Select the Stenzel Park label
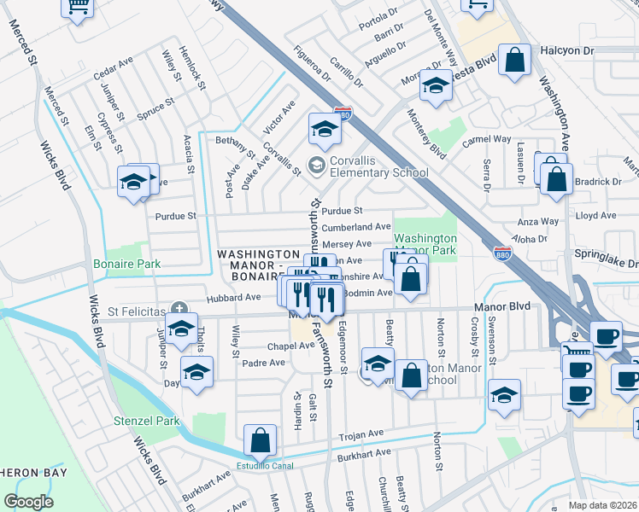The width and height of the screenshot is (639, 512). pyautogui.click(x=147, y=421)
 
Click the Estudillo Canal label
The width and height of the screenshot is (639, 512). pyautogui.click(x=265, y=466)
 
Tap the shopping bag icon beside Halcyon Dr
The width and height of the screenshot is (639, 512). pyautogui.click(x=515, y=61)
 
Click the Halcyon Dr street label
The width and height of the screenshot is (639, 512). pyautogui.click(x=567, y=51)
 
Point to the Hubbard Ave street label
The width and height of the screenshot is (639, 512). pyautogui.click(x=233, y=298)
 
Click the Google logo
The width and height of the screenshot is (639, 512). pyautogui.click(x=28, y=502)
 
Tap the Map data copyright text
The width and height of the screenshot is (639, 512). pyautogui.click(x=603, y=505)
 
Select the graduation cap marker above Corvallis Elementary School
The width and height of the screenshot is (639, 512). pyautogui.click(x=325, y=129)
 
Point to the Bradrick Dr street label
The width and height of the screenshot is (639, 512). pyautogui.click(x=599, y=182)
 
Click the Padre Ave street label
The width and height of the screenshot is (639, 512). pyautogui.click(x=264, y=363)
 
